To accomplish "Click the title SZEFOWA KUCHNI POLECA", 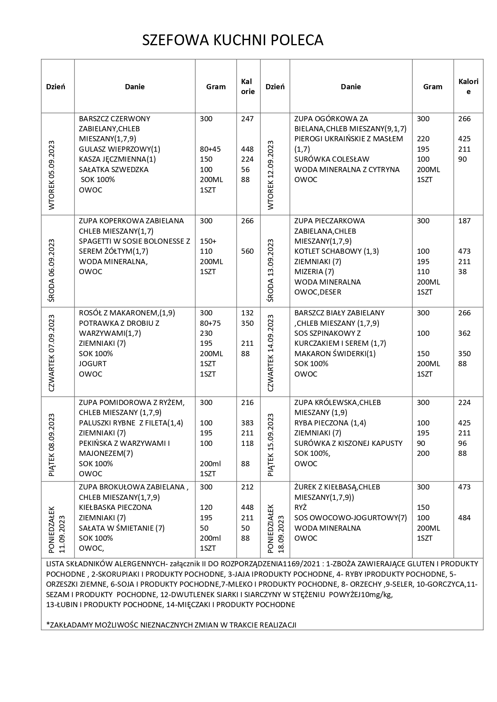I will pos(233,40).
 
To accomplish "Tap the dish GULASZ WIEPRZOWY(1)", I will pos(119,149).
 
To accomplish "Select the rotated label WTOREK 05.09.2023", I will pos(52,175).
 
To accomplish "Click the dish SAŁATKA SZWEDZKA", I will pos(114,170).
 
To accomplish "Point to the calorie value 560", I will pos(247,251).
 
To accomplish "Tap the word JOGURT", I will pos(93,364).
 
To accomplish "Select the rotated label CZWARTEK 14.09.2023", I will pos(270,353).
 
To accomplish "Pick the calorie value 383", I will pos(247,423).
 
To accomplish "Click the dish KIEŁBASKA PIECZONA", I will pos(115,507).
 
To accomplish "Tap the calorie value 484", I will pos(465,518).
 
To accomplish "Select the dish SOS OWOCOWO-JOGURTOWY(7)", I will pos(350,518).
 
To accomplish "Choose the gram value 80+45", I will pos(210,149).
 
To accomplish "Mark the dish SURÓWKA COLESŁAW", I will pos(332,159).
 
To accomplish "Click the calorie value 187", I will pos(465,221).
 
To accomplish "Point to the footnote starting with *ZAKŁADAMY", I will pos(171,625).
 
